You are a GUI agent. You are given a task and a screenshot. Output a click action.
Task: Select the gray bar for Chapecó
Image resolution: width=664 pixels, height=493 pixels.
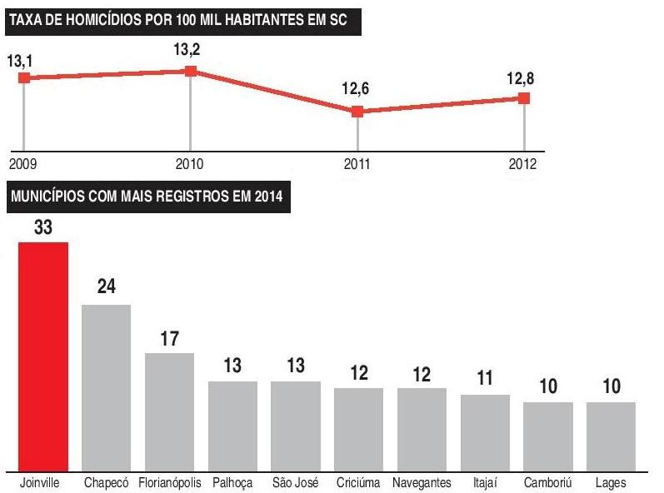pos(106,387)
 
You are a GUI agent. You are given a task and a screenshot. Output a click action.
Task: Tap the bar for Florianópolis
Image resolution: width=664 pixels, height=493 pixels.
pos(169,411)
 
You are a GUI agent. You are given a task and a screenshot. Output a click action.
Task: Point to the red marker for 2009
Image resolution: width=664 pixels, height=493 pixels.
pos(24,77)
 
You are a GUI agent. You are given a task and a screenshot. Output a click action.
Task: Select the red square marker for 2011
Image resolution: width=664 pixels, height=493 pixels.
pos(357,112)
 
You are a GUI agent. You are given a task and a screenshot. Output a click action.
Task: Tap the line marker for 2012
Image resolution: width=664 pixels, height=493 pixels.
pos(524,98)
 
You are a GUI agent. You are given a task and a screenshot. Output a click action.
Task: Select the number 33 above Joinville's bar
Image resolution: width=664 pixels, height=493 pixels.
pos(43,227)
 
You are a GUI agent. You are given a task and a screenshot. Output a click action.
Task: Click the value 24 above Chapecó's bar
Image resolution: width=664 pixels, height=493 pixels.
pos(106,287)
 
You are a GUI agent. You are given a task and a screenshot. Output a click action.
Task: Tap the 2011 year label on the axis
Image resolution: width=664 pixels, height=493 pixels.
pos(357,163)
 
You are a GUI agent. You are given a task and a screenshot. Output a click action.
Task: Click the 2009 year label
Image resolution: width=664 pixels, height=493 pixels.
pos(24,163)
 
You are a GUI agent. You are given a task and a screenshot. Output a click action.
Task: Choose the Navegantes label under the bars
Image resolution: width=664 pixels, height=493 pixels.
pos(422,483)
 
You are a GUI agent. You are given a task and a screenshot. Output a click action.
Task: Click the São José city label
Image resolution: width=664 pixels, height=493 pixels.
pos(295,483)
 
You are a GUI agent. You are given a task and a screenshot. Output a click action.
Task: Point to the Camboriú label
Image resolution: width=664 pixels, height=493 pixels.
pos(547,483)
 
